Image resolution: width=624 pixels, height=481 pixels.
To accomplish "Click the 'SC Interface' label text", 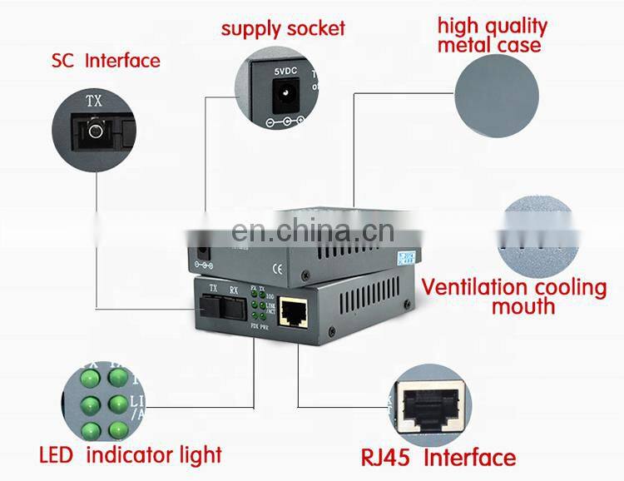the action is click(x=105, y=61).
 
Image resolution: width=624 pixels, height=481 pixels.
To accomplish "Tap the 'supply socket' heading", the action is click(x=283, y=29).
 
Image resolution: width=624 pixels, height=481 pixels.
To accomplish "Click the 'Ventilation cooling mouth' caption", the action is click(x=513, y=297).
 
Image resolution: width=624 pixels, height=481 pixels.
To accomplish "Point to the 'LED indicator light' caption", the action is click(x=131, y=454).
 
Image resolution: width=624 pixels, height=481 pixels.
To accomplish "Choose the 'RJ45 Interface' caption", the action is click(x=438, y=457).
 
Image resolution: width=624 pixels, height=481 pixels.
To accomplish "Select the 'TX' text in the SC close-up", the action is click(x=97, y=102).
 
